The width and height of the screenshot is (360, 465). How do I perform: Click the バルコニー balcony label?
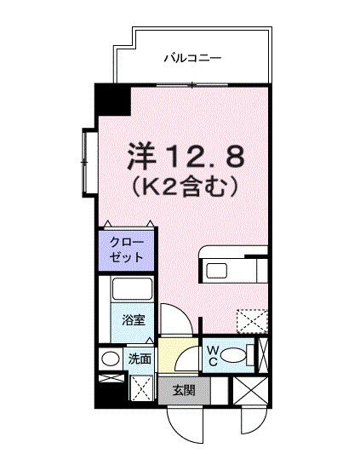pos(192,59)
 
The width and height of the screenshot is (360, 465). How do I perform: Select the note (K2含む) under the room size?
pos(184,185)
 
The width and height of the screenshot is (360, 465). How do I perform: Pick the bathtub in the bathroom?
pos(132,290)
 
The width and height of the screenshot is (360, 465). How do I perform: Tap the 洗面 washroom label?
pos(139,359)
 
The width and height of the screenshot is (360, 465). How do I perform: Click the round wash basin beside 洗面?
pos(110,359)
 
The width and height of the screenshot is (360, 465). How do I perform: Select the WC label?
pos(213,353)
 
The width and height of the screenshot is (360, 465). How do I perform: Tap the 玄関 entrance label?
pos(183,391)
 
